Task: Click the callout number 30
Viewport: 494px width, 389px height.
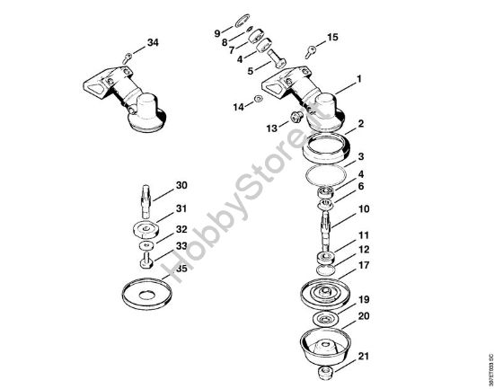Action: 181,186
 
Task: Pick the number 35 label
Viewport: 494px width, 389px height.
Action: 181,268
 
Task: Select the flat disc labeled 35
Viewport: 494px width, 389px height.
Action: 146,294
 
